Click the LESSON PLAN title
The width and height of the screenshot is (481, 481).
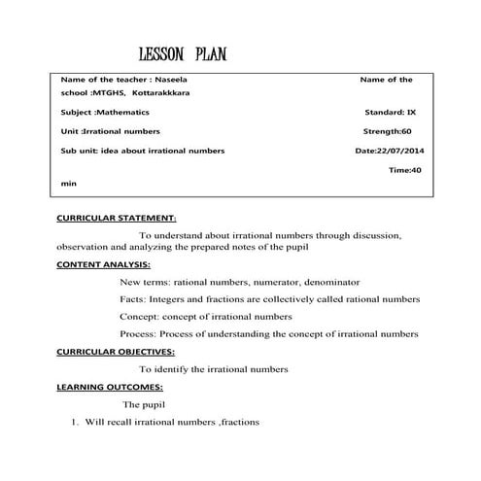tap(184, 53)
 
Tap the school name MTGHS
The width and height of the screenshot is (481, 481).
tap(111, 95)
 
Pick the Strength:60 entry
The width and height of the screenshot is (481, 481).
tap(387, 131)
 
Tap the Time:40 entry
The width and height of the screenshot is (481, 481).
tap(404, 170)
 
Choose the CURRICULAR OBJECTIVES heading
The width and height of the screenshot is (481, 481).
tap(116, 351)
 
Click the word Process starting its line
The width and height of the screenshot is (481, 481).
tap(136, 333)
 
